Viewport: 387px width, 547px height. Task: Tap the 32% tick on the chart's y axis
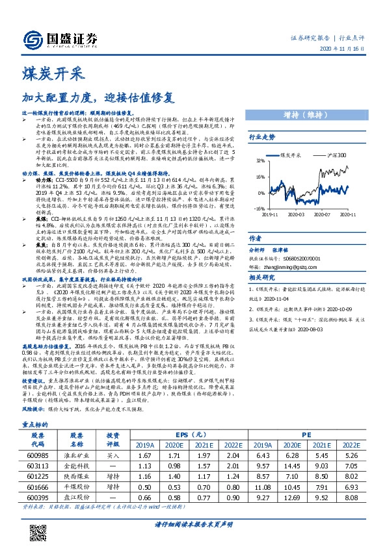(260, 160)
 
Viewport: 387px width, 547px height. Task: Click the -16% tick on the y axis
(259, 208)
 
